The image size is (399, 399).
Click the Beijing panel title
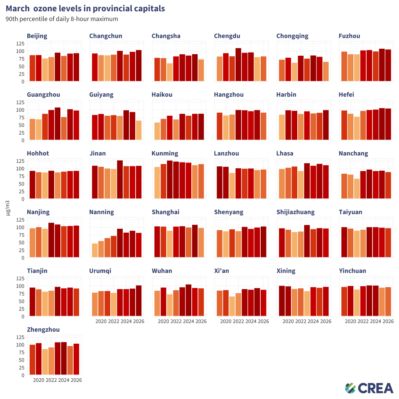[37, 36]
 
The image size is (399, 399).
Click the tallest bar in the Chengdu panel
[238, 65]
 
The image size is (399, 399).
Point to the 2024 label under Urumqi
[126, 321]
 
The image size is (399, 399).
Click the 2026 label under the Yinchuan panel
[388, 321]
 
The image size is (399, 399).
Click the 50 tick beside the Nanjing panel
[21, 242]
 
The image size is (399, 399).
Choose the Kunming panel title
[165, 154]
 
